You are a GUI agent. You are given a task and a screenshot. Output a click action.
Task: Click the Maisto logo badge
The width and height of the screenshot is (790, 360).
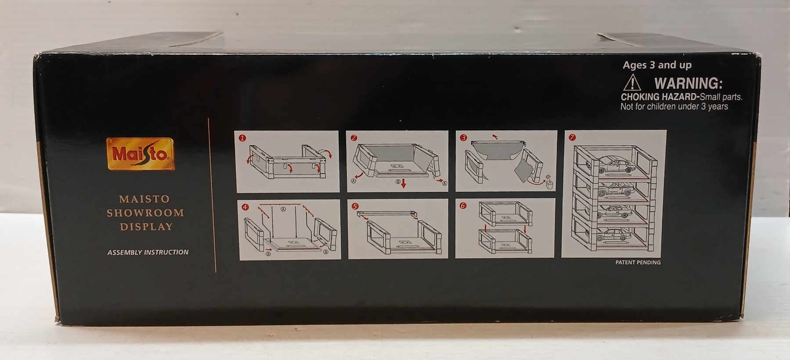pyautogui.click(x=141, y=154)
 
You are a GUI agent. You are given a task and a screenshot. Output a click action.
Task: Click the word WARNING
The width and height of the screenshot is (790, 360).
pyautogui.click(x=688, y=83)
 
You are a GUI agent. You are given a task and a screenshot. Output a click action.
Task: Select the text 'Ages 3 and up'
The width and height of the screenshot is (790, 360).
pyautogui.click(x=657, y=65)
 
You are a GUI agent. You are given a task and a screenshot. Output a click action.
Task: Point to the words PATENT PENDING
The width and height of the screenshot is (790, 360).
pyautogui.click(x=638, y=263)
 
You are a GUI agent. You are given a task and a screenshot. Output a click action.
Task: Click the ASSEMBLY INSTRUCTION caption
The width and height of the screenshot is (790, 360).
pyautogui.click(x=148, y=252)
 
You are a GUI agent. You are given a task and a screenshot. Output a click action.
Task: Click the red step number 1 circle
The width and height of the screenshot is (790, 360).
pyautogui.click(x=242, y=138)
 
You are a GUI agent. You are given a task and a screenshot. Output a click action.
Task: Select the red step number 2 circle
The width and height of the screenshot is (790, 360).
pyautogui.click(x=354, y=138)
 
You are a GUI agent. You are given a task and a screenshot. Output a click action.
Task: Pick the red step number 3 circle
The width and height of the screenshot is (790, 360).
pyautogui.click(x=463, y=138)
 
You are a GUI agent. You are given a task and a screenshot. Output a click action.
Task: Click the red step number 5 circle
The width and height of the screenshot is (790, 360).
pyautogui.click(x=355, y=206)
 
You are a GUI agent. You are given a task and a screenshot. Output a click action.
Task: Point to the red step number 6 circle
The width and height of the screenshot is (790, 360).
pyautogui.click(x=463, y=206)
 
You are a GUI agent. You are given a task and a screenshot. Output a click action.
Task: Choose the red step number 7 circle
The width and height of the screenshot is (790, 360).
pyautogui.click(x=572, y=137)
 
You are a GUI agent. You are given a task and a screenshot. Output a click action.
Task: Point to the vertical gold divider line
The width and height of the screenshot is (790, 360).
pyautogui.click(x=216, y=195)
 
